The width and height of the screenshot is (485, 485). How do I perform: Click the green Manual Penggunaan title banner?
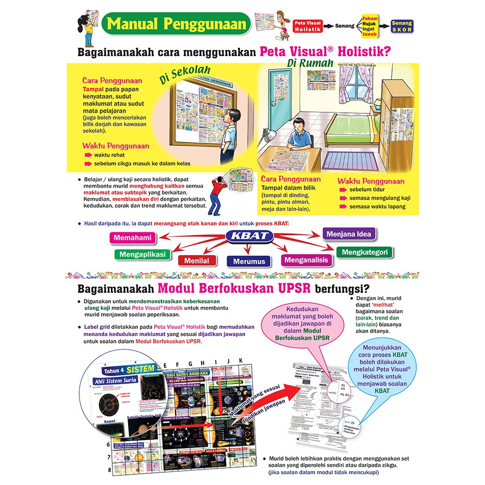[x=176, y=23]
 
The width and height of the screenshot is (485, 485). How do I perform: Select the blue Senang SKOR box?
[x=402, y=26]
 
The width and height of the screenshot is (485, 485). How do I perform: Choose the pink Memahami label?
[x=133, y=238]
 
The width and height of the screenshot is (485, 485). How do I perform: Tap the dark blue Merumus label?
[x=249, y=261]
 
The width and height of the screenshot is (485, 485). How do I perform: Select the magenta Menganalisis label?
[x=306, y=260]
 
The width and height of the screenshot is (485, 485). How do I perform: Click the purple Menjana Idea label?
[x=349, y=234]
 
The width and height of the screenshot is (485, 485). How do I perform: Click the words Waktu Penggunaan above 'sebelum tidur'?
[x=371, y=181]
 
